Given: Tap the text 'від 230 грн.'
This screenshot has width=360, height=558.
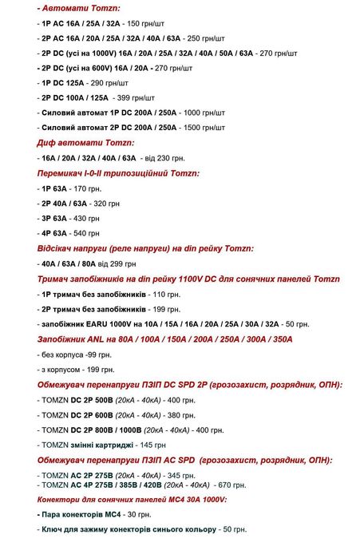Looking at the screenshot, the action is pyautogui.click(x=164, y=158).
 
